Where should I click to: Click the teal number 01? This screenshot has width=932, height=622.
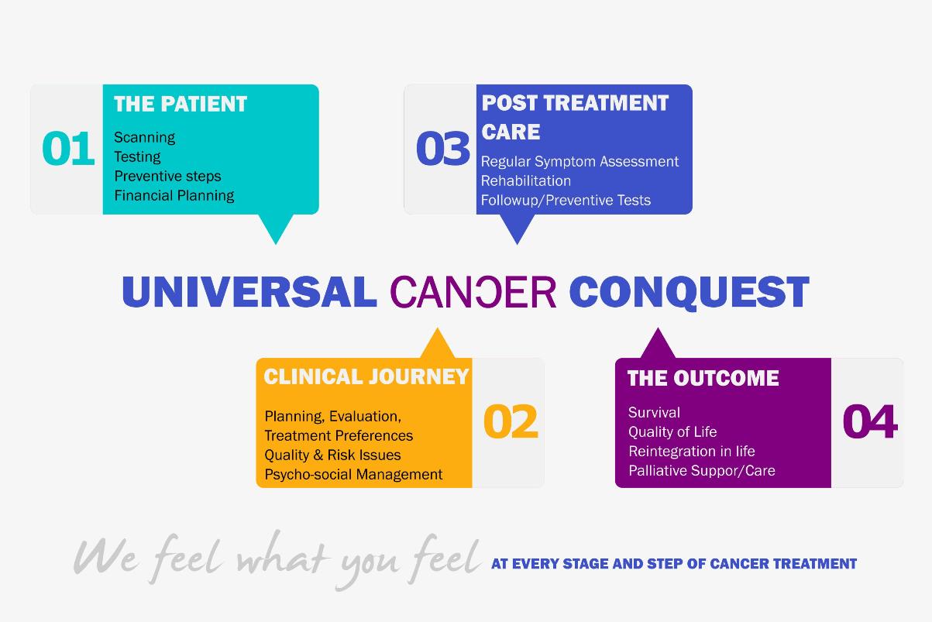click(x=68, y=148)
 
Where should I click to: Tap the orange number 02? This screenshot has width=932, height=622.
click(x=511, y=421)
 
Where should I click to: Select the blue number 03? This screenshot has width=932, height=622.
click(x=442, y=148)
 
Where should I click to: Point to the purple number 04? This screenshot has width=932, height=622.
click(x=870, y=421)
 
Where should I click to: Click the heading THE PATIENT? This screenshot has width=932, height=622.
click(x=181, y=104)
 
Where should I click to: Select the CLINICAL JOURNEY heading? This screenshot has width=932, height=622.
click(x=366, y=377)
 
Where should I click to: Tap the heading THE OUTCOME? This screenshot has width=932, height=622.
click(x=703, y=378)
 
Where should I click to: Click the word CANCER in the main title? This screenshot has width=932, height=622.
click(x=473, y=292)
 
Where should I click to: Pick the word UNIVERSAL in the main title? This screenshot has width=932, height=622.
click(x=249, y=292)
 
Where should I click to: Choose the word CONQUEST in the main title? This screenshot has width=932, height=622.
click(x=689, y=293)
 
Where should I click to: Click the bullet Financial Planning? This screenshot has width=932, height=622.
click(x=174, y=195)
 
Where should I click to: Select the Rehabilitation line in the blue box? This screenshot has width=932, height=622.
click(x=526, y=181)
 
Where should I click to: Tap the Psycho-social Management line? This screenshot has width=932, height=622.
click(x=353, y=475)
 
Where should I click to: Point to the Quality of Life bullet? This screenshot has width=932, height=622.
click(x=672, y=432)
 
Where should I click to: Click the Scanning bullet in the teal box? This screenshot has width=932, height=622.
click(x=144, y=138)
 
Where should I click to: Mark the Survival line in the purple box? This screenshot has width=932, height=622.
click(x=654, y=412)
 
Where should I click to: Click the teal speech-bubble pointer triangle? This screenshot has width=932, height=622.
click(x=276, y=227)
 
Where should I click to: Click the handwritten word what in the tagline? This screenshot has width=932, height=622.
click(x=282, y=555)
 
